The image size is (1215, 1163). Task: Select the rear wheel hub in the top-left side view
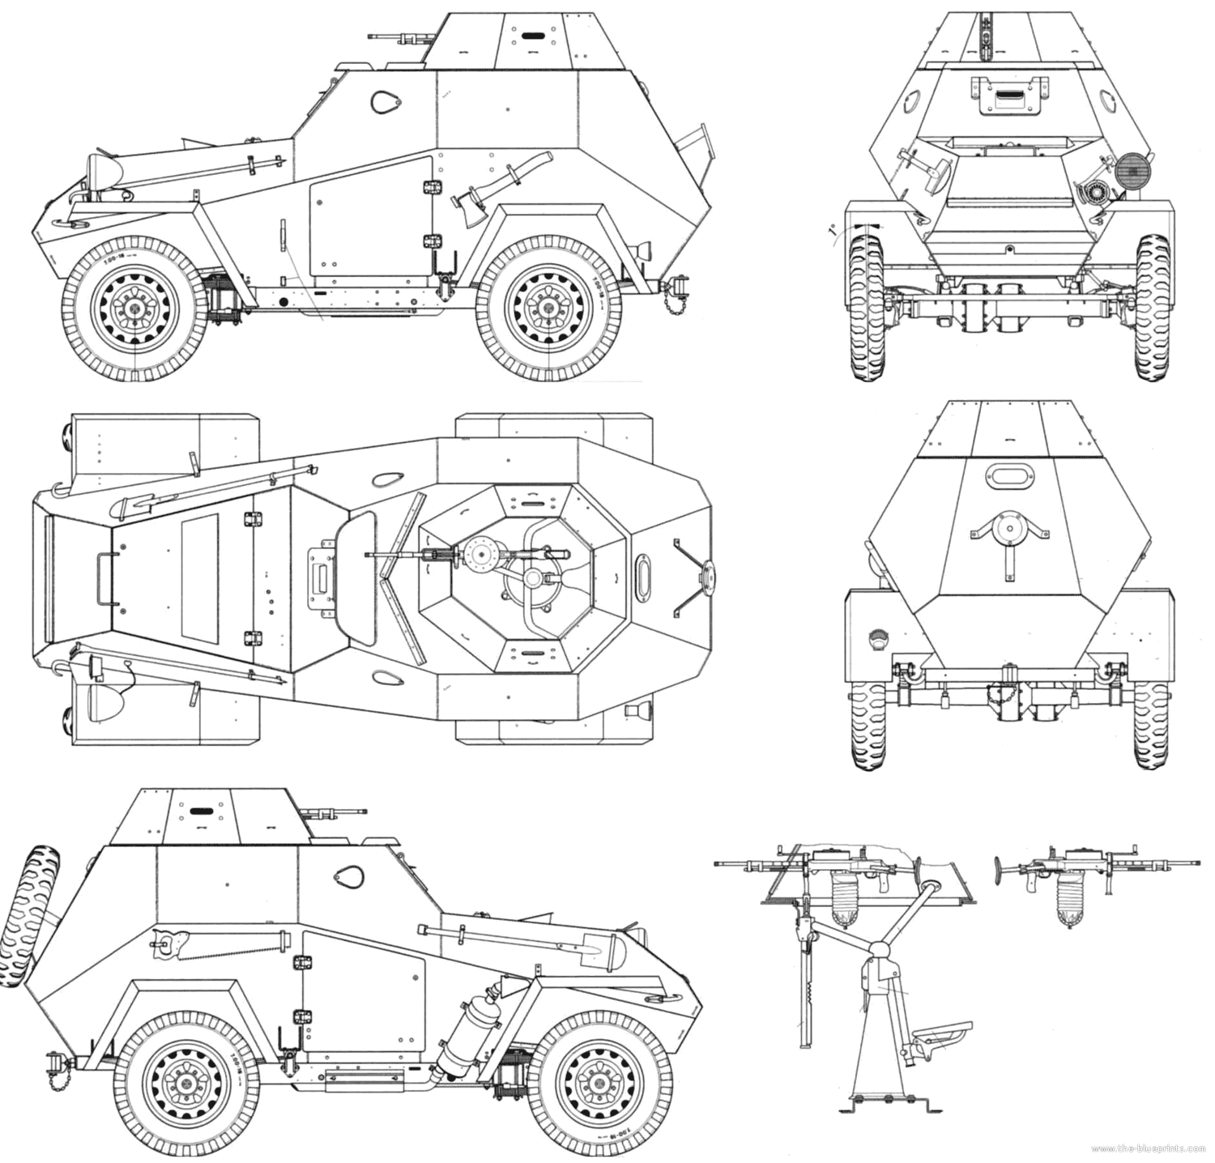[546, 309]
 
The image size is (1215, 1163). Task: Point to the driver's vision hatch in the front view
[1008, 96]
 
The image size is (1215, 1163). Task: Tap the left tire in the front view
[865, 308]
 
